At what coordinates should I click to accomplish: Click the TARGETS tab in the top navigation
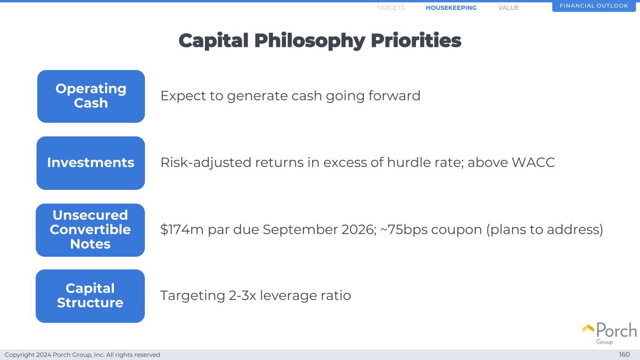coord(391,7)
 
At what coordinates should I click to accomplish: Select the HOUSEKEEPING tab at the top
coord(451,7)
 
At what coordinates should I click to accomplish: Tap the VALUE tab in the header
coord(509,7)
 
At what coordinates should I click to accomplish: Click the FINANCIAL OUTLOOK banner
coord(594,6)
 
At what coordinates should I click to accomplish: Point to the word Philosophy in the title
coord(310,41)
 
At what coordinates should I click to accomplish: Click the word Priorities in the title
coord(416,40)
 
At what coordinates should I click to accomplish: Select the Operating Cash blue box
coord(91,96)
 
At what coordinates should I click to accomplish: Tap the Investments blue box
coord(90,163)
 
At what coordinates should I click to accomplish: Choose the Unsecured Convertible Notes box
coord(90,230)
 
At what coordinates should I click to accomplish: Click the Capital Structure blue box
coord(90,296)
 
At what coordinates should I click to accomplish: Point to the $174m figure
coord(182,229)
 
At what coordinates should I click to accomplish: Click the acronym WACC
coord(533,162)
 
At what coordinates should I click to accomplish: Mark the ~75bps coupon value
coord(404,229)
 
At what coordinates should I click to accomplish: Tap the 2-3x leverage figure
coord(242,295)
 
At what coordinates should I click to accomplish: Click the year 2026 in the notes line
coord(359,229)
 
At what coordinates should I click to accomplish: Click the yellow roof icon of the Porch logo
coord(588,329)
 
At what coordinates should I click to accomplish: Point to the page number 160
coord(624,354)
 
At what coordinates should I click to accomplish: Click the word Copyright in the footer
coord(19,355)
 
